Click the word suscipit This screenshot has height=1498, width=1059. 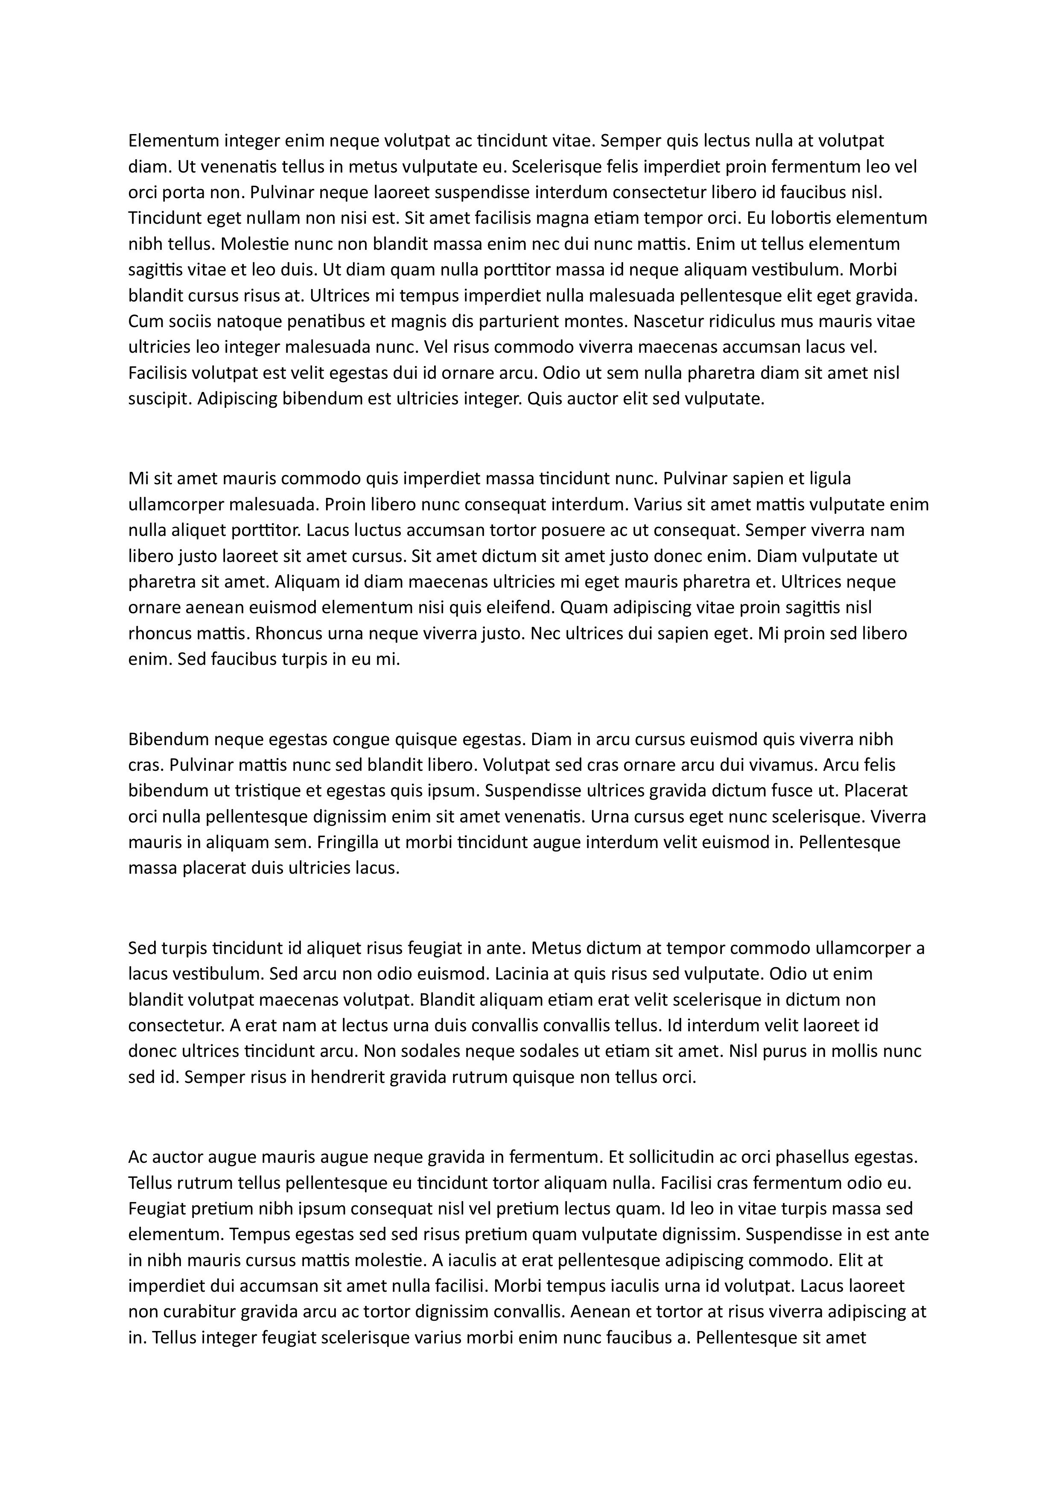click(x=160, y=399)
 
